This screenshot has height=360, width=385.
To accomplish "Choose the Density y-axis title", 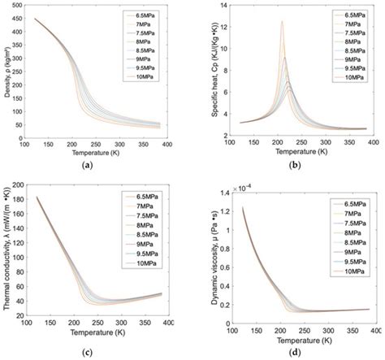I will (x=7, y=73).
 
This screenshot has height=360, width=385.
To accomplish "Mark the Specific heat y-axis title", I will (x=206, y=73).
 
